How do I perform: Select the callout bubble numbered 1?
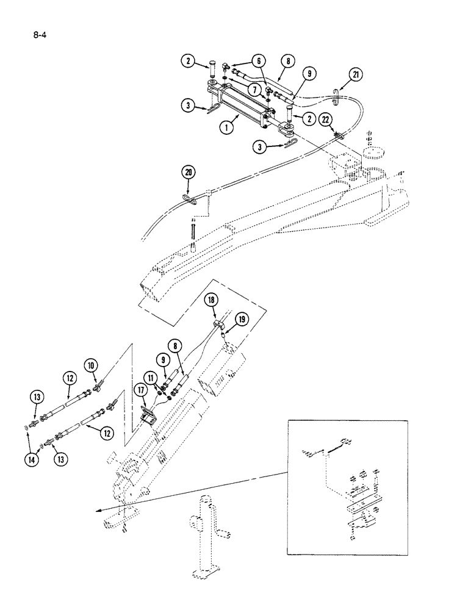[x=229, y=129]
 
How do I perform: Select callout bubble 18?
[x=211, y=300]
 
